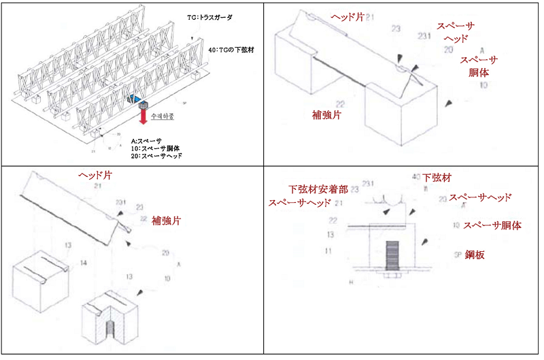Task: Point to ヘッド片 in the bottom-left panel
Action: click(x=95, y=176)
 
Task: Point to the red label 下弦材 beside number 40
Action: click(x=437, y=178)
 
